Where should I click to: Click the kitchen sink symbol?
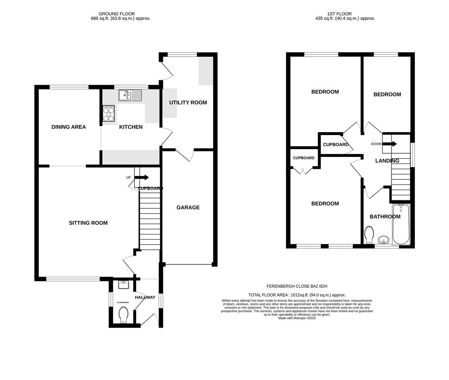[130, 95]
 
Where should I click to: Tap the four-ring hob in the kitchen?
[109, 114]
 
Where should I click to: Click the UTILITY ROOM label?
[188, 103]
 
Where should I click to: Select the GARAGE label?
[188, 208]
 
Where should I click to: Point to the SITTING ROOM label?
[88, 223]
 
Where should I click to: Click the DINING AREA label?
[69, 127]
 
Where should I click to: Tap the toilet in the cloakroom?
[124, 315]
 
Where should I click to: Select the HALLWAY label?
[145, 297]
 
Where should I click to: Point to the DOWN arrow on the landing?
[390, 144]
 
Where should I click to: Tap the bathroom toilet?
[369, 235]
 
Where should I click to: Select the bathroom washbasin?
[384, 240]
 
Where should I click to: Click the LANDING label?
[387, 161]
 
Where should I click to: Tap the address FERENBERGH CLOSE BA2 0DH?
[297, 286]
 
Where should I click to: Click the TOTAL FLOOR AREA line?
[297, 295]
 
